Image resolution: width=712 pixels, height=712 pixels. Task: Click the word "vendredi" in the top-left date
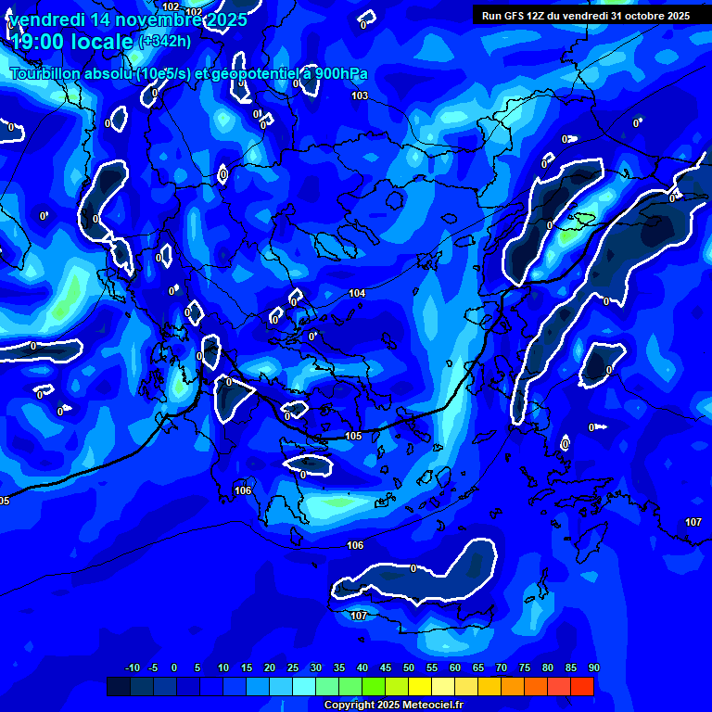coord(45,19)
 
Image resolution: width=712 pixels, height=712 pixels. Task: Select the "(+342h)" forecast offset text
coord(165,42)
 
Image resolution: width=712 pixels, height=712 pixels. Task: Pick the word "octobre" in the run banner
coord(634,16)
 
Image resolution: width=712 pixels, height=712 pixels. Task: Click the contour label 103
coord(360,95)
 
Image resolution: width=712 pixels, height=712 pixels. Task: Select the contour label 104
coord(357,293)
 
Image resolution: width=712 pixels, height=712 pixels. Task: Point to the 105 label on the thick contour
coord(353,436)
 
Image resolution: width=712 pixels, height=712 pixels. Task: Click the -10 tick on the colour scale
coord(132,667)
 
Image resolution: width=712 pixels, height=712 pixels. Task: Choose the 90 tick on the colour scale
coord(593,667)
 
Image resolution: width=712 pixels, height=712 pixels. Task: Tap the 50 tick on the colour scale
coord(408,667)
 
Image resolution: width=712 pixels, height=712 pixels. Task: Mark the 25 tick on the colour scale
coord(292,667)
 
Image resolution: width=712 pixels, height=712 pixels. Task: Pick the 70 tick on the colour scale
coord(501,667)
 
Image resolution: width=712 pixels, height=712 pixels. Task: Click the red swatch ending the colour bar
coord(581,686)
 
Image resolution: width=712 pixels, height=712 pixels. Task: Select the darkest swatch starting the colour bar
coord(118,686)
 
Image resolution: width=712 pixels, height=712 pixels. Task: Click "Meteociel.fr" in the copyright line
coord(432,705)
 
